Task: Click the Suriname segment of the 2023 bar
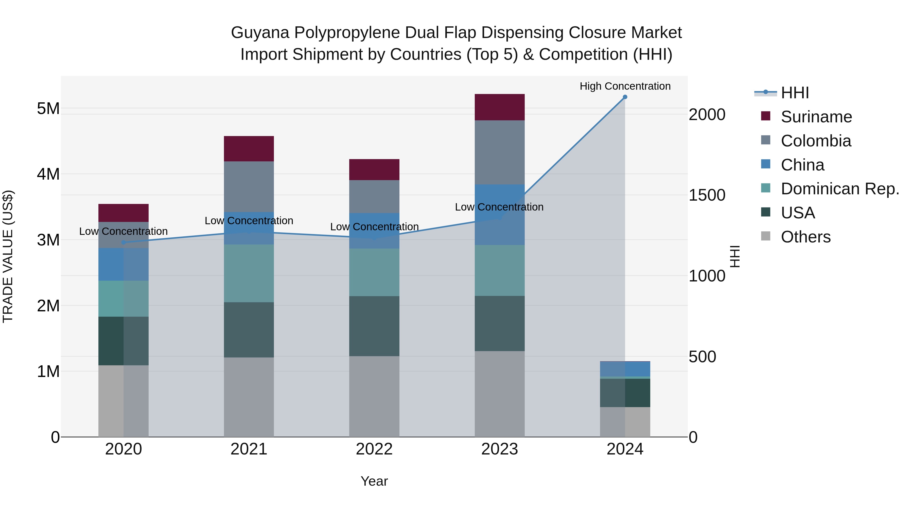[499, 107]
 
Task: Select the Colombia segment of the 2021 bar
[249, 186]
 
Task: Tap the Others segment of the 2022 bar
[374, 396]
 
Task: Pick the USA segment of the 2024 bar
[625, 393]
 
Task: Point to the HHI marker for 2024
[625, 97]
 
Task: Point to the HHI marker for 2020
[123, 242]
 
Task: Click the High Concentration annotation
[625, 86]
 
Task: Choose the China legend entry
[802, 165]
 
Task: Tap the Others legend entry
[805, 237]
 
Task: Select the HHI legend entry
[795, 93]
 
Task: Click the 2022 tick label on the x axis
[374, 449]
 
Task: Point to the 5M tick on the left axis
[48, 108]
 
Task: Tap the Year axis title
[374, 481]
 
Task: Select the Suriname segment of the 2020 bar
[123, 213]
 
